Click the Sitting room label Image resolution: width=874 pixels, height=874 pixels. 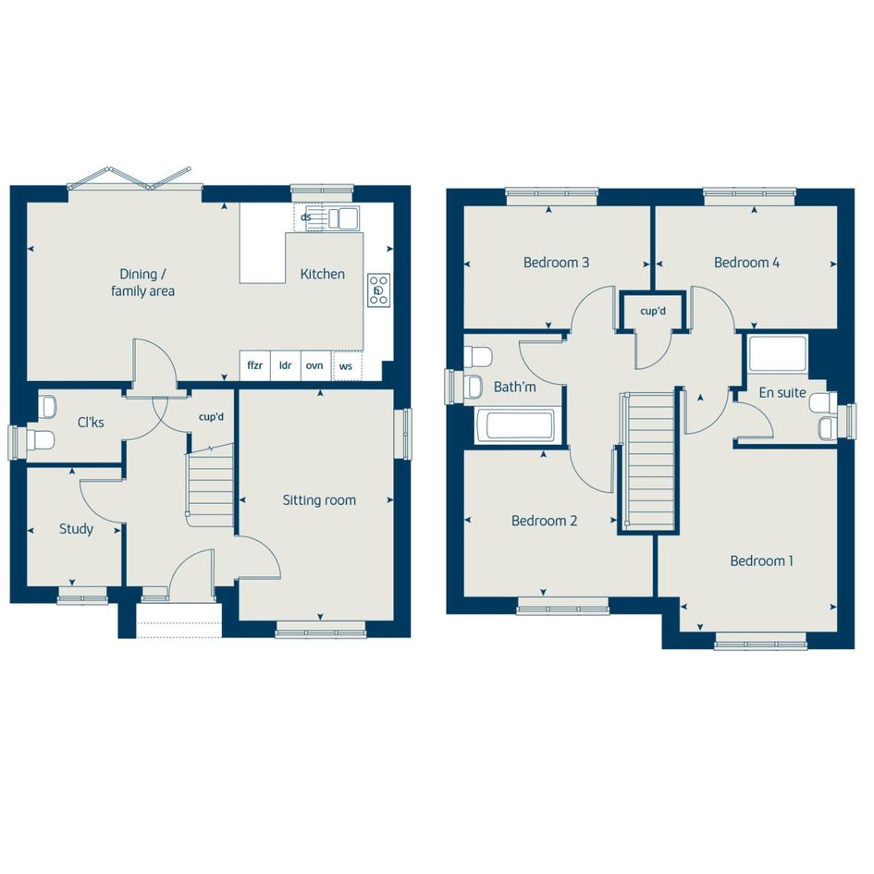point(319,500)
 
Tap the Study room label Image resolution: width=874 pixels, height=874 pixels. point(76,529)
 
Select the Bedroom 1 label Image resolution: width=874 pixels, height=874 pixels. point(761,560)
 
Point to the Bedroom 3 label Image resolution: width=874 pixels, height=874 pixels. point(556,262)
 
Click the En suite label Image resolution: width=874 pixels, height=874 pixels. point(782,392)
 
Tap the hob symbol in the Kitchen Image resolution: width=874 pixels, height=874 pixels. point(378,289)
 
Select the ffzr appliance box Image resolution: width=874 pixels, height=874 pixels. point(254,365)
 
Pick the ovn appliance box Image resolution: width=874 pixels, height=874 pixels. point(315,365)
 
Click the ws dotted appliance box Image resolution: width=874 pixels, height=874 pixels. point(347,365)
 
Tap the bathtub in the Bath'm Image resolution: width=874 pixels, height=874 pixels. point(514,425)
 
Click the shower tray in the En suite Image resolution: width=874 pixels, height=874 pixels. point(778,353)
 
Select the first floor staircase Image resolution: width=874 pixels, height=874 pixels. point(650,461)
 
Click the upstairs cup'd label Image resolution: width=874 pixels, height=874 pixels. point(653,311)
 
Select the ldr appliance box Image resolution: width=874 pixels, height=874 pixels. point(286,365)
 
